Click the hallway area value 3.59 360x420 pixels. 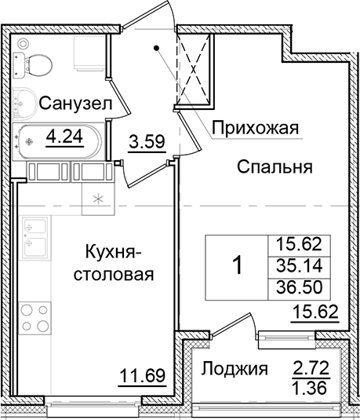point(145,144)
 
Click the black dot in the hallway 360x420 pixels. point(158,49)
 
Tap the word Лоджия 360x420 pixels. point(232,368)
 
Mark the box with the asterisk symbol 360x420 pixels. point(98,197)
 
